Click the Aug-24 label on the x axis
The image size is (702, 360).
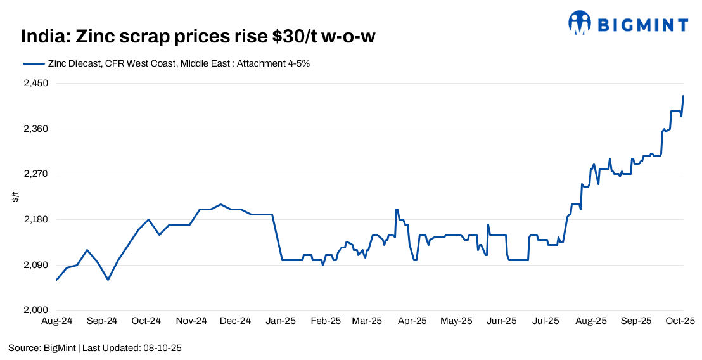[57, 321]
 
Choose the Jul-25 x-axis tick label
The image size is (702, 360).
[546, 321]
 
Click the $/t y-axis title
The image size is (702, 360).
[15, 197]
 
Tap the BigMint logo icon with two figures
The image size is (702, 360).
[579, 23]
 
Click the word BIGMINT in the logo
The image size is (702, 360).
[642, 25]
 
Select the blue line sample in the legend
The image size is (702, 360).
[33, 64]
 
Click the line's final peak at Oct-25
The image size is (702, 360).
[684, 96]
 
